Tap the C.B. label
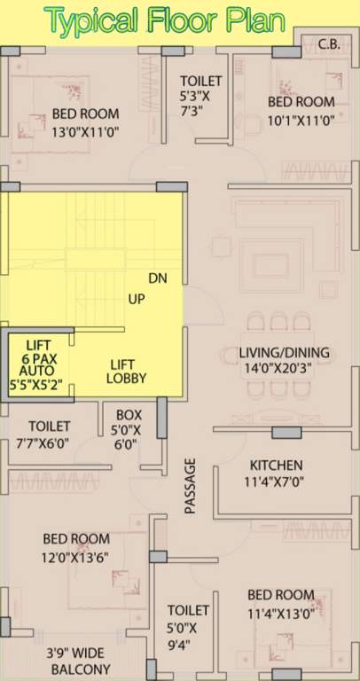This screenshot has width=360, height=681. tap(329, 43)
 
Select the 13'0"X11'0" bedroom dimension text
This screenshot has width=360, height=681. tap(85, 131)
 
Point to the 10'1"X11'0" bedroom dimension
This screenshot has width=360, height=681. tap(301, 120)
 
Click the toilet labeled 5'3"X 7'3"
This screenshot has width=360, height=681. tap(200, 96)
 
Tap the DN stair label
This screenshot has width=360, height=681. tap(158, 278)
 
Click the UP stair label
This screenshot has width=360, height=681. tap(137, 299)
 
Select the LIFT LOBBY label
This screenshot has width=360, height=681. tap(127, 372)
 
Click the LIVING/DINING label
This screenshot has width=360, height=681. tap(284, 352)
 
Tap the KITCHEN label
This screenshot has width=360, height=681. tap(276, 466)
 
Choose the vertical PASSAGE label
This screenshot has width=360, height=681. tap(191, 487)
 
